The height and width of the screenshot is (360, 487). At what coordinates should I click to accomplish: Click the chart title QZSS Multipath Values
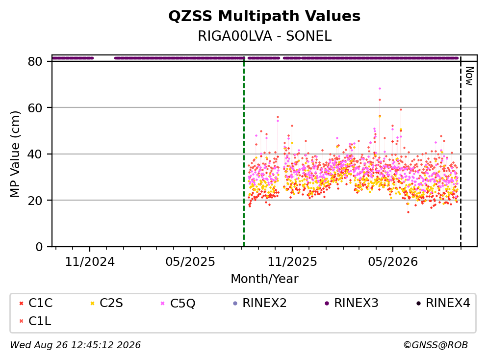tap(264, 16)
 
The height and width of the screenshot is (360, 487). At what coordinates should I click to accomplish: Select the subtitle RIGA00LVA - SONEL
tap(265, 36)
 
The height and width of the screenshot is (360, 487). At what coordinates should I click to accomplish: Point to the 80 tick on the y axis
tap(35, 61)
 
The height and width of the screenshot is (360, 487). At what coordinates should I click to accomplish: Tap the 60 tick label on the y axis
tap(35, 108)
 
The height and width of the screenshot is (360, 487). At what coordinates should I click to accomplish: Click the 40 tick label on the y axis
tap(35, 154)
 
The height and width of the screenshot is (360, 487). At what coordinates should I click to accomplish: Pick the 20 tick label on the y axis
tap(35, 200)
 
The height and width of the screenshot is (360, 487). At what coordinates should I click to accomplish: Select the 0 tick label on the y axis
tap(39, 247)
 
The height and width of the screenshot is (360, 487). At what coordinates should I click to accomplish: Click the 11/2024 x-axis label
tap(90, 262)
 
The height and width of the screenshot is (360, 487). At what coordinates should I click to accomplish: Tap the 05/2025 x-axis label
tap(190, 262)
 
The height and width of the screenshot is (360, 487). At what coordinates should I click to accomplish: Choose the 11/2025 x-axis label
tap(292, 262)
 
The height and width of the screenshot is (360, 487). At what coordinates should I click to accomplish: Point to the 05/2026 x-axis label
tap(393, 262)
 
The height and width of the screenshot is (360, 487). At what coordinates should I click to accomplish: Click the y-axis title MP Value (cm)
tap(15, 154)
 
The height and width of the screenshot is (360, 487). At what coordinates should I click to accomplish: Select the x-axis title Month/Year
tap(264, 279)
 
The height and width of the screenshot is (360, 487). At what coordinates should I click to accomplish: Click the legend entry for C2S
tap(106, 303)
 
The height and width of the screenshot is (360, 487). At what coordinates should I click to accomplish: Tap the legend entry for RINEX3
tap(351, 303)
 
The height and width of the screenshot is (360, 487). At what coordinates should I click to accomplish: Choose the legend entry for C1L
tap(35, 321)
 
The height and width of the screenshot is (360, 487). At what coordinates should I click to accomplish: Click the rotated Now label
tap(470, 76)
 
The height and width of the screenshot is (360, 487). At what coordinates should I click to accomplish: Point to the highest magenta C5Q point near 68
tap(380, 88)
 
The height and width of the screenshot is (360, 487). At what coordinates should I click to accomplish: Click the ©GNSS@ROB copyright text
tap(436, 345)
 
